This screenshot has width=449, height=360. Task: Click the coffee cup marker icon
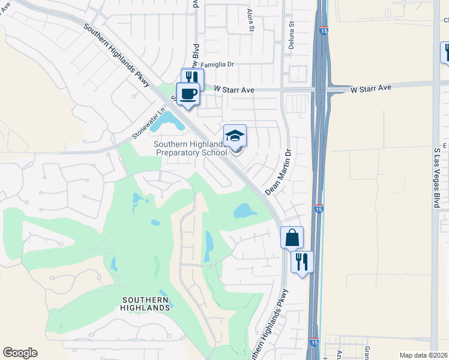188,94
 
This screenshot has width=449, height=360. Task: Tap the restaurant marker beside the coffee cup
193,77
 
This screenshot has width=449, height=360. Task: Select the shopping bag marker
292,238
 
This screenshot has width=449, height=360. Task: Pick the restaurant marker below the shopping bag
302,262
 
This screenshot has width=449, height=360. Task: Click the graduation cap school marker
235,136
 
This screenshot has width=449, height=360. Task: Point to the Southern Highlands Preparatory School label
190,148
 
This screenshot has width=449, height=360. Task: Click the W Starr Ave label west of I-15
235,89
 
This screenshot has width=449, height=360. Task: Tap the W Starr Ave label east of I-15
371,88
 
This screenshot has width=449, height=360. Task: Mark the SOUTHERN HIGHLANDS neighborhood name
146,304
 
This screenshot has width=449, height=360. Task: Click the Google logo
20,353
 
